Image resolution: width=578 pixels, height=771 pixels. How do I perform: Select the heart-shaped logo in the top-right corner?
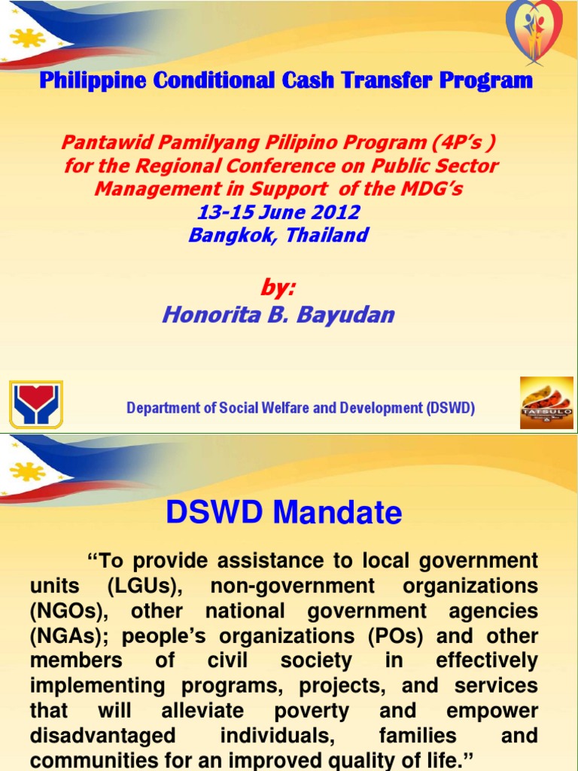click(x=533, y=30)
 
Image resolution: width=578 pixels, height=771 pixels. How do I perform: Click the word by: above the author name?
click(x=278, y=288)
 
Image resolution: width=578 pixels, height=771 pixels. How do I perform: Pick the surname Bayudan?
click(x=348, y=314)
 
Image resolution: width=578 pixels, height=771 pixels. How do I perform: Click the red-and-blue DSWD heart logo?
click(x=35, y=404)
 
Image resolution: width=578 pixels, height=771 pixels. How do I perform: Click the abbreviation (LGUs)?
click(x=119, y=586)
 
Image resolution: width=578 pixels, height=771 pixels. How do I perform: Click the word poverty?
click(x=311, y=712)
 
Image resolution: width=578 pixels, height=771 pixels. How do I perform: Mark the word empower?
click(x=492, y=712)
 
